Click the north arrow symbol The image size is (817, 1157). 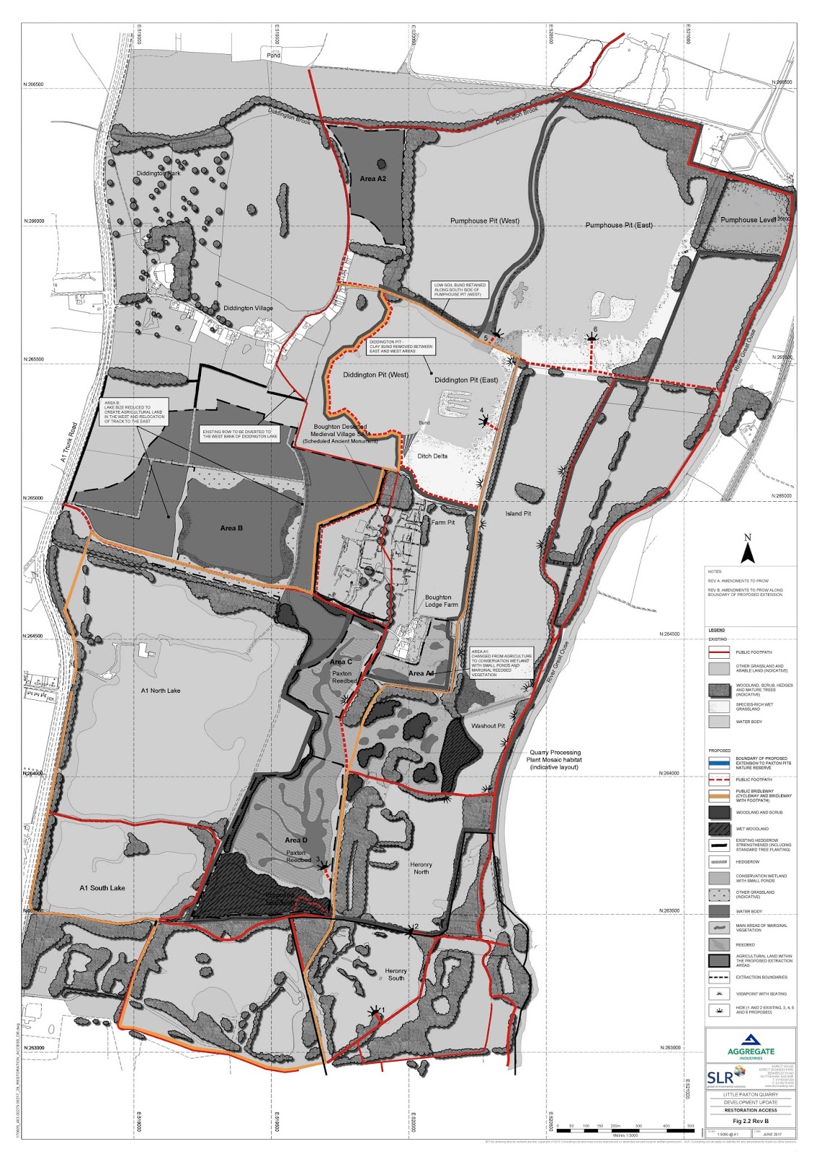click(x=748, y=550)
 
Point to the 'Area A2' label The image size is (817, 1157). click(x=373, y=179)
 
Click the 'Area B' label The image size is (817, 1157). click(x=231, y=528)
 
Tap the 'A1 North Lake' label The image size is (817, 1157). click(x=161, y=691)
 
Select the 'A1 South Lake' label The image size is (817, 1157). click(x=102, y=887)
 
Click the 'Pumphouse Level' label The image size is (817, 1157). click(x=748, y=220)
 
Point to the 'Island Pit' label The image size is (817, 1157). click(x=518, y=513)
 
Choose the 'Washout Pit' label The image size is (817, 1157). click(x=488, y=725)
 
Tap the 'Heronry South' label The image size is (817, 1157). click(x=395, y=975)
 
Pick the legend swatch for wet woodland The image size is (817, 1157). click(x=719, y=829)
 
